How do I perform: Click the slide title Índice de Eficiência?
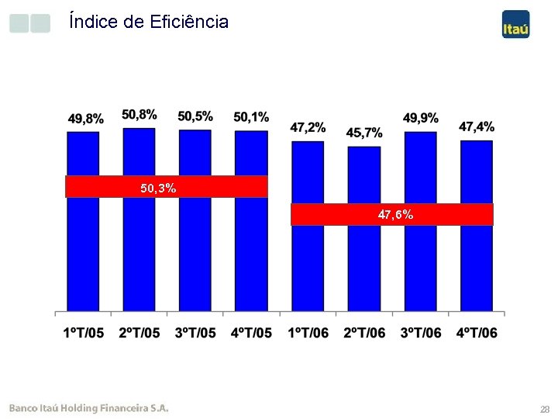(x=148, y=22)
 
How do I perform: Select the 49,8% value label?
(x=85, y=119)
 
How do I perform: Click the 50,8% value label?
(x=139, y=115)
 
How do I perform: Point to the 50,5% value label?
(x=195, y=116)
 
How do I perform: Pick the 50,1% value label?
(x=251, y=117)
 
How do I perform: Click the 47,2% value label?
(x=308, y=127)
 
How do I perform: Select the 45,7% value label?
(x=364, y=133)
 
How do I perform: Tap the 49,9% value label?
(x=420, y=118)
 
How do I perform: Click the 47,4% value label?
(x=477, y=126)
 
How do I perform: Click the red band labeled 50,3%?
(x=166, y=187)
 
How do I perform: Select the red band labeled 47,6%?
(x=392, y=214)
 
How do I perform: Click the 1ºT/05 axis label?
(x=84, y=333)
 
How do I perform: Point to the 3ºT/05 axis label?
(x=195, y=333)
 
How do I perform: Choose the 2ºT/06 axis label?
(x=364, y=333)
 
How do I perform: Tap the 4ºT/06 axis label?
(x=477, y=333)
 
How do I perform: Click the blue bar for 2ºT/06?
(x=364, y=264)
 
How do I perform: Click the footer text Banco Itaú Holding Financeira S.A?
(x=88, y=407)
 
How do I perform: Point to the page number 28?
(x=545, y=409)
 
